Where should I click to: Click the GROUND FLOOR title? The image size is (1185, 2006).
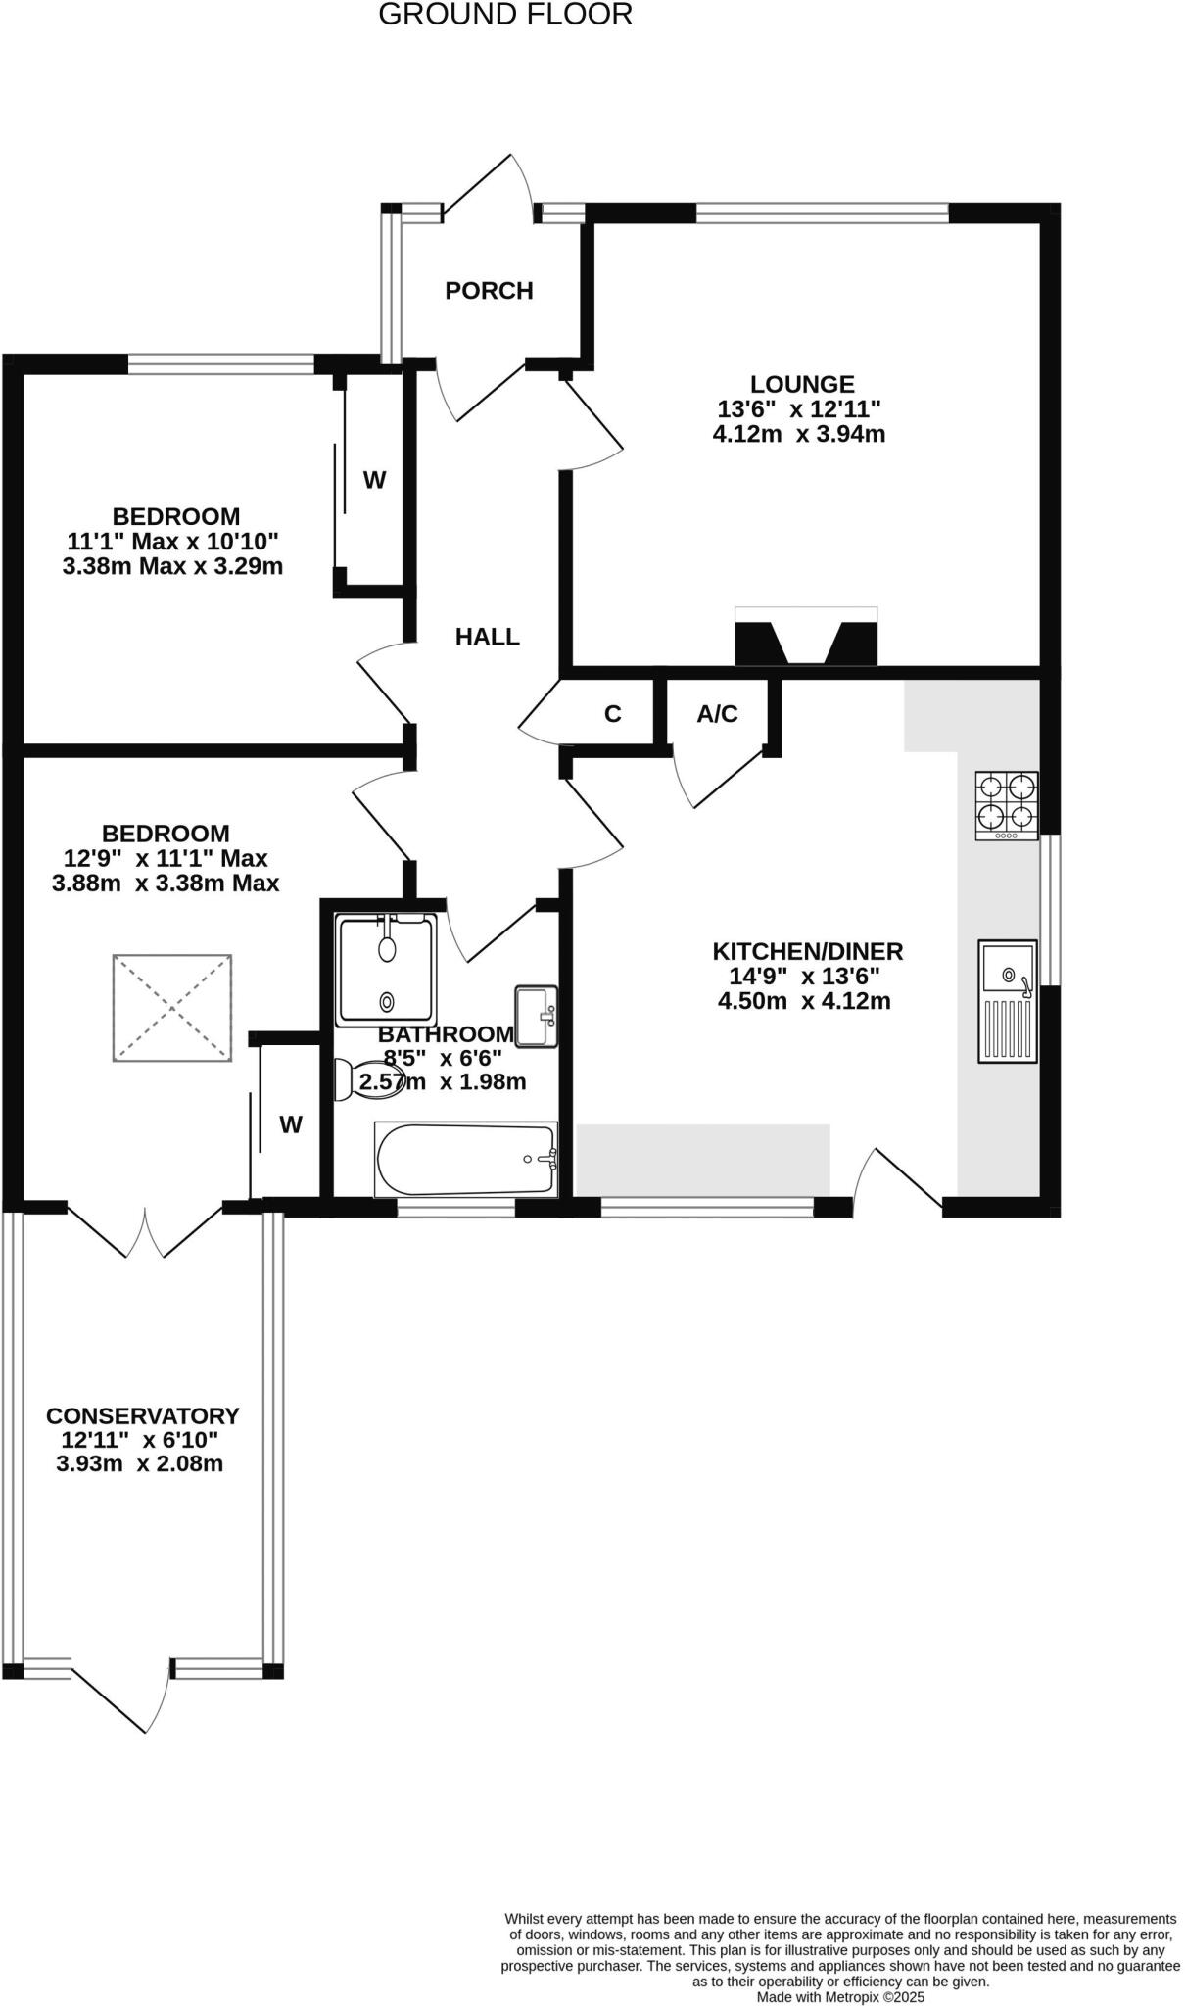pyautogui.click(x=504, y=15)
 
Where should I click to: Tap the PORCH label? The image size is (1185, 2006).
pyautogui.click(x=489, y=291)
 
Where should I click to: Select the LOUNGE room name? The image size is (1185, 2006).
pyautogui.click(x=802, y=384)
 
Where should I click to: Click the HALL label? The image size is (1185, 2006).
pyautogui.click(x=487, y=637)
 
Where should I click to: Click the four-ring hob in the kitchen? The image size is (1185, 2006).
pyautogui.click(x=1006, y=805)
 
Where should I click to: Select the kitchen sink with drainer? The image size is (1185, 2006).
pyautogui.click(x=1007, y=1001)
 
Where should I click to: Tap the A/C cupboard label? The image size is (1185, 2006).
pyautogui.click(x=717, y=714)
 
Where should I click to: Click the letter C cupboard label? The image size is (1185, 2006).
pyautogui.click(x=613, y=714)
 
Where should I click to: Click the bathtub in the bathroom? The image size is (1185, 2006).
pyautogui.click(x=466, y=1160)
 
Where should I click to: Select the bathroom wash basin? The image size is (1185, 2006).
pyautogui.click(x=536, y=1016)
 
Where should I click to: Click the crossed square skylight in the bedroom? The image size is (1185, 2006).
pyautogui.click(x=172, y=1007)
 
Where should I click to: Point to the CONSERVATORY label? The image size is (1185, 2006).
pyautogui.click(x=143, y=1415)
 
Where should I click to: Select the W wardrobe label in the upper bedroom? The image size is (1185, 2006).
pyautogui.click(x=374, y=480)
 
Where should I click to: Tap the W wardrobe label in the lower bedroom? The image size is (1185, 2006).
pyautogui.click(x=291, y=1124)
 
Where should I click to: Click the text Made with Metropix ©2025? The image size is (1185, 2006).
pyautogui.click(x=840, y=1996)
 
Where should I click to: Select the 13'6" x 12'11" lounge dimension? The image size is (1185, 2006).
pyautogui.click(x=799, y=408)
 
